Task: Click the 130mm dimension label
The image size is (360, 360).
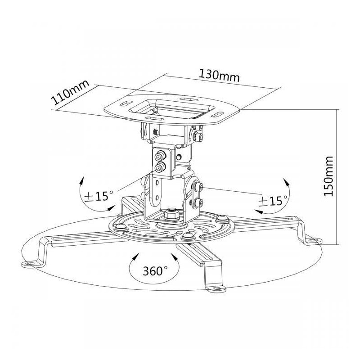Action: (x=219, y=75)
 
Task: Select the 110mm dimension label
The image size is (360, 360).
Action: (x=70, y=92)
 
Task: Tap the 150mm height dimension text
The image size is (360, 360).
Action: (x=328, y=176)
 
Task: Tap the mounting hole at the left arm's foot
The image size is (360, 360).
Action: (x=29, y=264)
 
